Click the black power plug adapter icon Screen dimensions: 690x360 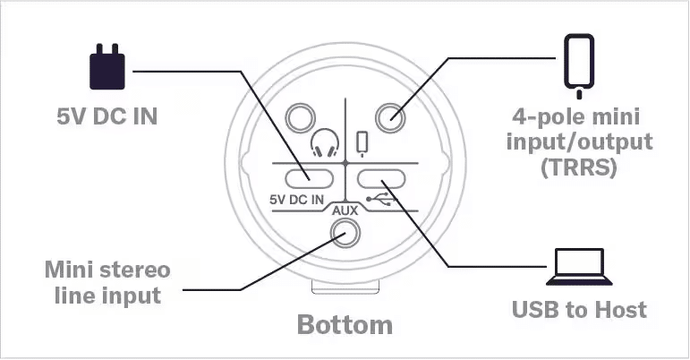coord(106,67)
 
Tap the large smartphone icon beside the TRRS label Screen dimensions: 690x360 coord(579,66)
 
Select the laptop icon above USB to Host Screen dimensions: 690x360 coord(579,267)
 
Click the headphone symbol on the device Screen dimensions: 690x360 coord(325,143)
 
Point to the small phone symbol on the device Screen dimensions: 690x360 coord(362,144)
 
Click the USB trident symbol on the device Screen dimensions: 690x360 coord(381,199)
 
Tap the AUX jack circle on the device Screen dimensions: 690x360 coord(345,232)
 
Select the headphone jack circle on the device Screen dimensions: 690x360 coord(301,117)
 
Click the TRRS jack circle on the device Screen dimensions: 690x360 coord(390,117)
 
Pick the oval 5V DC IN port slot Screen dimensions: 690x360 coord(309,179)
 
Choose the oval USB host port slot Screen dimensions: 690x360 coord(381,179)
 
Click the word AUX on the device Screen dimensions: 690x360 coord(345,210)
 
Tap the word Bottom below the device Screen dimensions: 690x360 coord(345,325)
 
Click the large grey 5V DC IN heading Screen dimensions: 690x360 coord(106,116)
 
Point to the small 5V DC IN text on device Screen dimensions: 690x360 coord(296,200)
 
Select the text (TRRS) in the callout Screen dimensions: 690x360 coord(579,167)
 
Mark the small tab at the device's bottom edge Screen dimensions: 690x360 coord(345,287)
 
